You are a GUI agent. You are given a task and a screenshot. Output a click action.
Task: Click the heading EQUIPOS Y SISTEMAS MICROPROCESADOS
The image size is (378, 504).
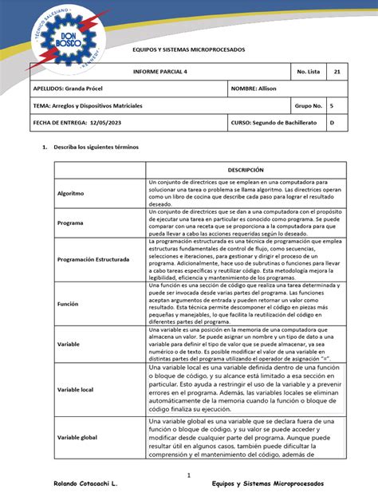pyautogui.click(x=188, y=50)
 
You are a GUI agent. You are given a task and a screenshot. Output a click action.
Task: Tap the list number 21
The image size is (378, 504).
pyautogui.click(x=337, y=72)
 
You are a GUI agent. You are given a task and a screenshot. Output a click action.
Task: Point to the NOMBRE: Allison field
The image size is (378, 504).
pyautogui.click(x=254, y=89)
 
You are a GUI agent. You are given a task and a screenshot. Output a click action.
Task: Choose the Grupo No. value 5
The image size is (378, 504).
pyautogui.click(x=332, y=105)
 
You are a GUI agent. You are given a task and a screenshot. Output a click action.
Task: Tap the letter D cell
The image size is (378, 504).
pyautogui.click(x=332, y=123)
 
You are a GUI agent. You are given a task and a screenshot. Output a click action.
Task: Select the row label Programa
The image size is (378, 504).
pyautogui.click(x=71, y=223)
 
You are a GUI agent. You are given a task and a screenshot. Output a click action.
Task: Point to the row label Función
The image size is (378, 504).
pyautogui.click(x=69, y=304)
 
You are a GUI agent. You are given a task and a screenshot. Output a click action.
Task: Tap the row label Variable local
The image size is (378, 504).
pyautogui.click(x=76, y=389)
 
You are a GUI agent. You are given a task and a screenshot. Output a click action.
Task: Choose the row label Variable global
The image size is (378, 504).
pyautogui.click(x=78, y=439)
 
